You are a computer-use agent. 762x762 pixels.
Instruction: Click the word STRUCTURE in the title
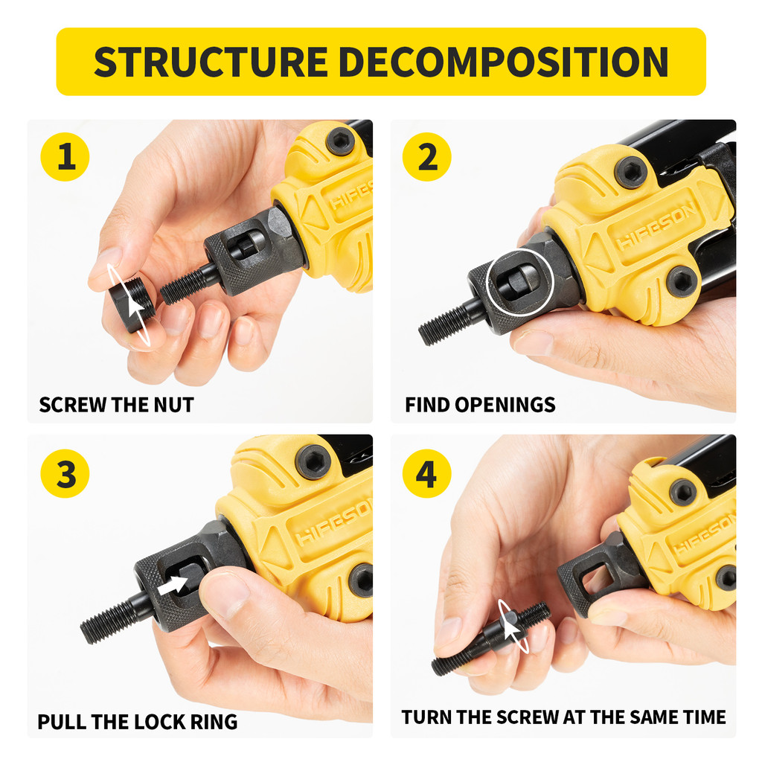coord(210,62)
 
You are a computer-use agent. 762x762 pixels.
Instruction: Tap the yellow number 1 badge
coord(65,158)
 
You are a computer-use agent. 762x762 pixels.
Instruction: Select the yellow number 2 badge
coord(427,158)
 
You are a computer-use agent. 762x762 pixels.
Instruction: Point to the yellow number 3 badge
coord(65,474)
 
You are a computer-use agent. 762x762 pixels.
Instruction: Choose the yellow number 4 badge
coord(427,474)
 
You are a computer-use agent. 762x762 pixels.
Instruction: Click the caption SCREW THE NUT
coord(116,406)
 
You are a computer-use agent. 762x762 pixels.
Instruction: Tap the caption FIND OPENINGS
coord(480,406)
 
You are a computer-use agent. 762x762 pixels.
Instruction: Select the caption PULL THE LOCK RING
coord(138,722)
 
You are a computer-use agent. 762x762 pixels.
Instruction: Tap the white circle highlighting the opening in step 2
coord(519,282)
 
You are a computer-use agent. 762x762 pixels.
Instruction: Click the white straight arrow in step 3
coord(173,584)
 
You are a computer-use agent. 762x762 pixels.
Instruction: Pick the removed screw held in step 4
coord(491,638)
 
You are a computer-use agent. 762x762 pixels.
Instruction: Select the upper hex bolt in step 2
coord(631,172)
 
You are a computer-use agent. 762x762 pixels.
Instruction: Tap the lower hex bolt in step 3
coord(362,579)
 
